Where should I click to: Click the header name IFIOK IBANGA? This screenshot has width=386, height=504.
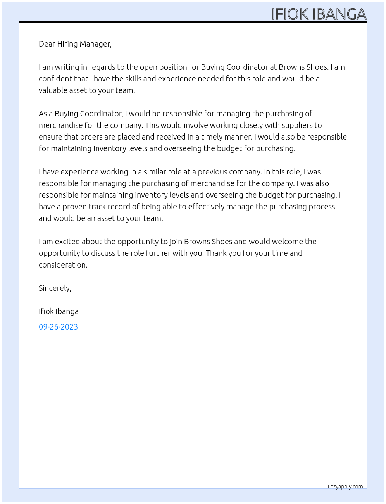point(319,14)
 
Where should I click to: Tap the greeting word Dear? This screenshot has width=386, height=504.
point(47,44)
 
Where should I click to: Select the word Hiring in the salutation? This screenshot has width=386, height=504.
point(68,44)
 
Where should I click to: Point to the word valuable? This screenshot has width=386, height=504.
point(53,90)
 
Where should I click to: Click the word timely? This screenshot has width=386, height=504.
point(212,137)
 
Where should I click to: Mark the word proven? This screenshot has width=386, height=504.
point(74,207)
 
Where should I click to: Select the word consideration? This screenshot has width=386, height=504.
point(63,265)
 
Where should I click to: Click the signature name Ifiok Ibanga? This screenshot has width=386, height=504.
point(59,311)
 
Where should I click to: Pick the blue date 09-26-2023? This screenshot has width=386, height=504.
point(58,327)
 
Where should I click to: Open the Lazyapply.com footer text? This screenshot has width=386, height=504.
point(345,487)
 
